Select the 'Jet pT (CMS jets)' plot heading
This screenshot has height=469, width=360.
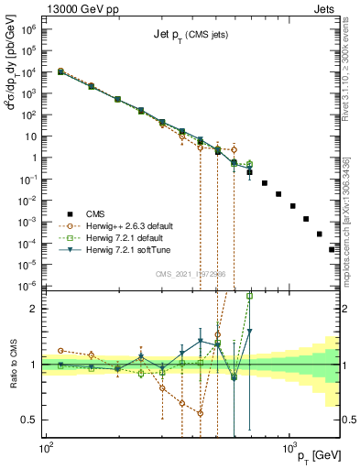pos(191,35)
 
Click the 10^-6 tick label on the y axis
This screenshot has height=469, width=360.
pos(27,285)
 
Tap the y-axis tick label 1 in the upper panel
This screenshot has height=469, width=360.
pos(33,158)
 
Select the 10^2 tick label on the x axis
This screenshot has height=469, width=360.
pos(45,450)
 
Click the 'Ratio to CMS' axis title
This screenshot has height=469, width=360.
pos(11,365)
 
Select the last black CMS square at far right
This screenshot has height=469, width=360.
pos(332,248)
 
